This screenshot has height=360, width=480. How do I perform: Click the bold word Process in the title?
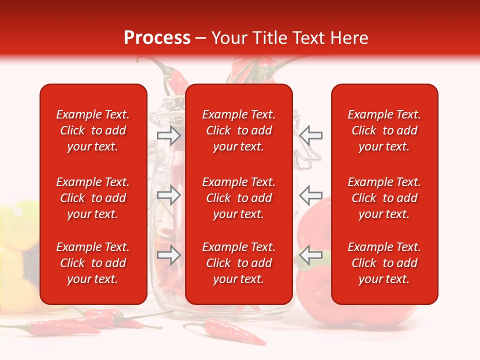coord(157,37)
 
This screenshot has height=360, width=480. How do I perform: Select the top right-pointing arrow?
coord(168,135)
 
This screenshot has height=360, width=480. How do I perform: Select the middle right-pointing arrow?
coord(168,195)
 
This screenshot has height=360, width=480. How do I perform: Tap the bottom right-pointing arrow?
coord(168,255)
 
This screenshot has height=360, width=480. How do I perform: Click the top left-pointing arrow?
coord(311,135)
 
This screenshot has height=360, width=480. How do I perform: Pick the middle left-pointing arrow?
coord(311,193)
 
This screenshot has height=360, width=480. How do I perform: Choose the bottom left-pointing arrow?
coord(311,255)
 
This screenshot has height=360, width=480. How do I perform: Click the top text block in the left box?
coord(93,130)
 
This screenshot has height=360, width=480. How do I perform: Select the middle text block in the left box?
coord(93,198)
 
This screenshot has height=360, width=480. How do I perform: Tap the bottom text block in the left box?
coord(93,263)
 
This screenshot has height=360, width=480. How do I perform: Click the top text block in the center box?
coord(238,130)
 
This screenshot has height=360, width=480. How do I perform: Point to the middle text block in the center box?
coord(238,198)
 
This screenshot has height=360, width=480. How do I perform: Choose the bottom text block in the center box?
coord(238,263)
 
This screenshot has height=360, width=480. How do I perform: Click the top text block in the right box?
coord(384,130)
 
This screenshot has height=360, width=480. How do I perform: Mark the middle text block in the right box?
coord(384,198)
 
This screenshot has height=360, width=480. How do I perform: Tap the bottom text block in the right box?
coord(384,263)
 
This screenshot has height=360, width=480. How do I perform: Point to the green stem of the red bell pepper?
coord(322,260)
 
